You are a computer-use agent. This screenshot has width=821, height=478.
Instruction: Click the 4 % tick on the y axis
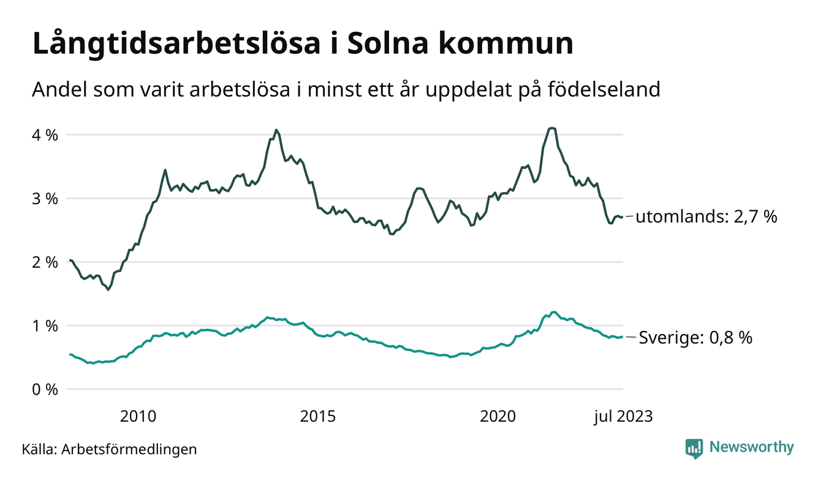pos(45,135)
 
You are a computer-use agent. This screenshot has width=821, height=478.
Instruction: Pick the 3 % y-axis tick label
pos(45,199)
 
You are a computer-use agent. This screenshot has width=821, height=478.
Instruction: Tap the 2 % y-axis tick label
pos(45,262)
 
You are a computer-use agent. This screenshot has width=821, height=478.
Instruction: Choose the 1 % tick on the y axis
pos(45,326)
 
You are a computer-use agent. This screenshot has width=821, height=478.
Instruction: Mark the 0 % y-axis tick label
pos(45,390)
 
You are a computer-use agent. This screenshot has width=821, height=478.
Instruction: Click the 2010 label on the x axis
pos(138,417)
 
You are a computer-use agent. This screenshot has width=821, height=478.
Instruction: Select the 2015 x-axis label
pos(317,417)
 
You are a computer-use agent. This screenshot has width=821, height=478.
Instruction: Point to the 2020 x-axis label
pos(498,417)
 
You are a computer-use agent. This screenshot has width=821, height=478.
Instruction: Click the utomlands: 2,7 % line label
pos(706,217)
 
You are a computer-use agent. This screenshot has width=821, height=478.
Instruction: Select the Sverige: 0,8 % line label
pos(695,337)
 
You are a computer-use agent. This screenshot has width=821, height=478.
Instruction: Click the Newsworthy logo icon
pos(694,448)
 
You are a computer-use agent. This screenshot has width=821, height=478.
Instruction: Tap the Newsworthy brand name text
pos(752,447)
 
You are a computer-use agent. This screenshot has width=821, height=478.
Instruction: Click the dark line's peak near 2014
pos(276,130)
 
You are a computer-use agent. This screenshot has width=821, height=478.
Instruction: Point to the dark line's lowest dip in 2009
pos(108,289)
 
